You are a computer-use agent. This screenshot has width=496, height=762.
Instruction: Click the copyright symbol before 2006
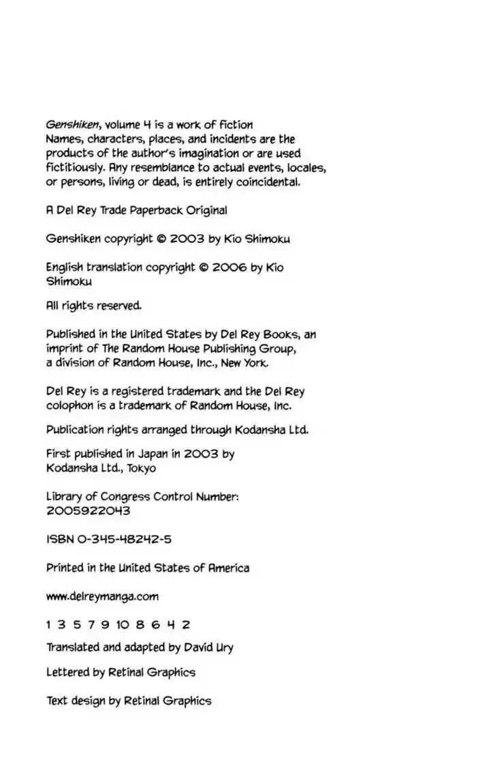tap(203, 267)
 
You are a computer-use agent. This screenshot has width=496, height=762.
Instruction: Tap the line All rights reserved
tap(94, 306)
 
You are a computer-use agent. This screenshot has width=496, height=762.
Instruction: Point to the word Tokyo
tap(140, 468)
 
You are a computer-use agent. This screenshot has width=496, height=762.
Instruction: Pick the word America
tap(228, 568)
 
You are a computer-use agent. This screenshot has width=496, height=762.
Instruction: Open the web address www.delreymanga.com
tap(102, 596)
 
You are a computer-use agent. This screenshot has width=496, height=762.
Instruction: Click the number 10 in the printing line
tap(123, 624)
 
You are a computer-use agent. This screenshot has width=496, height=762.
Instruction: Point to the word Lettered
tap(67, 672)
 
